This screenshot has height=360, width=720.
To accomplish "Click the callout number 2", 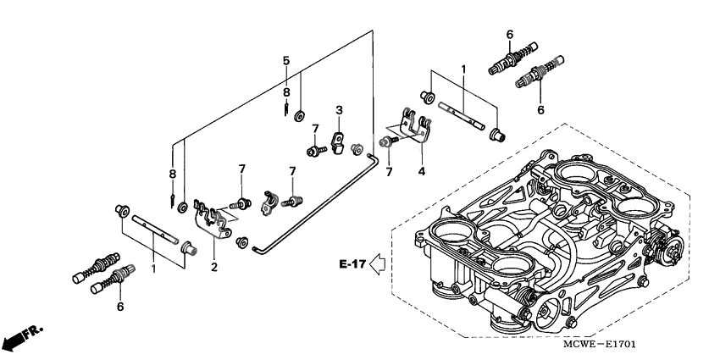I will click(x=213, y=268).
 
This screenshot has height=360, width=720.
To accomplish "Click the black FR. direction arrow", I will click(x=22, y=336).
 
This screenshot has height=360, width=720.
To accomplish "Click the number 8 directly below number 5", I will click(x=286, y=91).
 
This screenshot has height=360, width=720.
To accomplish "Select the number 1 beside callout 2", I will click(x=153, y=268).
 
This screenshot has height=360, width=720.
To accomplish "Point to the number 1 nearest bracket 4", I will click(x=463, y=67).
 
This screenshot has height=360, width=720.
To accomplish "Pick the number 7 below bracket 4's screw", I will click(x=390, y=172).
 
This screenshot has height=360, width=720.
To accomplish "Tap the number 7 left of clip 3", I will click(x=313, y=128).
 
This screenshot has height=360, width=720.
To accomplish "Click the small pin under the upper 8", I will click(x=288, y=108).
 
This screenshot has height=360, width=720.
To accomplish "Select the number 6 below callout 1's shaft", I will click(x=119, y=306).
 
